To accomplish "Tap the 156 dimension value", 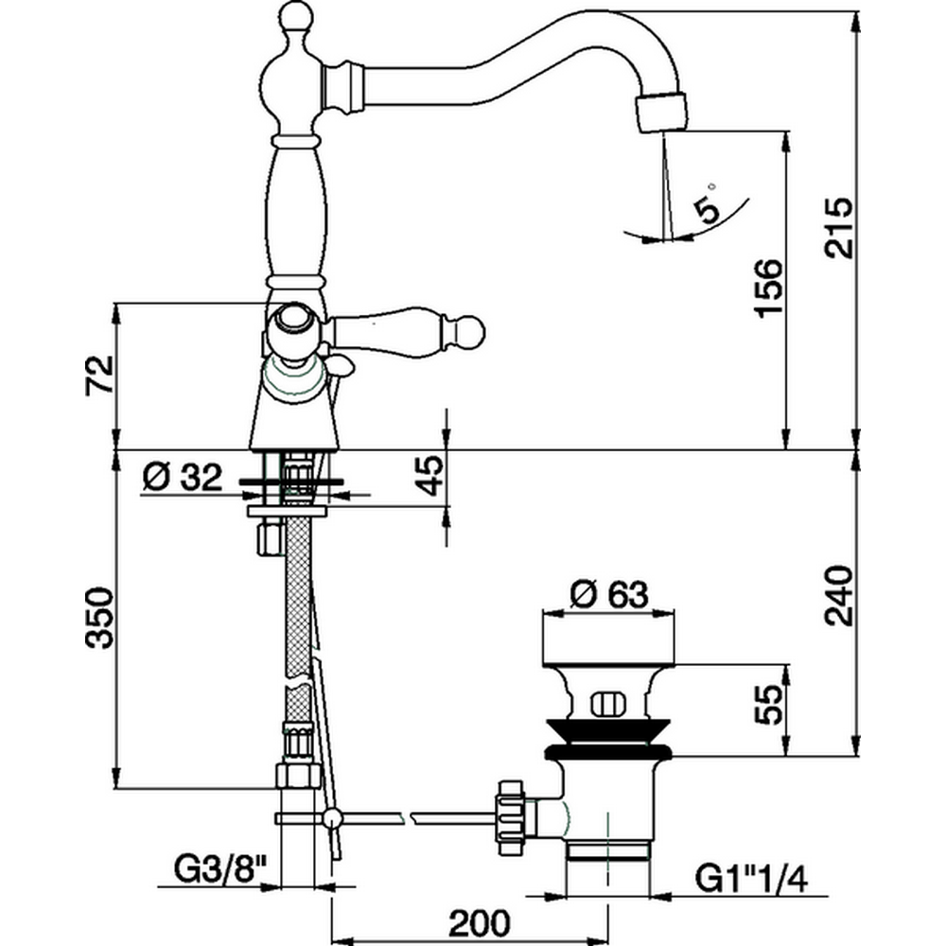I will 770,289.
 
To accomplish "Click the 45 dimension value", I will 430,476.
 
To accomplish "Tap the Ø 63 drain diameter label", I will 610,595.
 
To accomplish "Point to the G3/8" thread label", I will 216,867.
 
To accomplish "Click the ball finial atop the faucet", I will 296,16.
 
